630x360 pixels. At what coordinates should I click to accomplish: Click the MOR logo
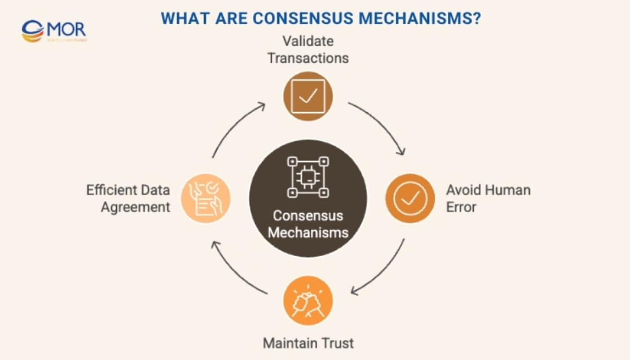pos(54,31)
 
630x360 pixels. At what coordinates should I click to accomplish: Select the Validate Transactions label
pos(308,49)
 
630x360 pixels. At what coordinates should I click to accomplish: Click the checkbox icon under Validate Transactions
pos(308,96)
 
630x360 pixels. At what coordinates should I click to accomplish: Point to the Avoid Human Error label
pos(488,198)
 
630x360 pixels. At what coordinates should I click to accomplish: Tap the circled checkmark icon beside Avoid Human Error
pos(410,198)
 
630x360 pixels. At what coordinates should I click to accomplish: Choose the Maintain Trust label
pos(308,343)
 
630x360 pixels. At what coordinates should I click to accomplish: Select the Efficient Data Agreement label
pos(129,198)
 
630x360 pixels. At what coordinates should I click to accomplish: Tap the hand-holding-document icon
pos(206,198)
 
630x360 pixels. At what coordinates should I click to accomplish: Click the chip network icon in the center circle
pos(308,177)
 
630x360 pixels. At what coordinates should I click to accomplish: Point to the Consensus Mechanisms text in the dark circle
pos(308,224)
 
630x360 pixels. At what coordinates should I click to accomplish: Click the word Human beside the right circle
pos(508,190)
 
